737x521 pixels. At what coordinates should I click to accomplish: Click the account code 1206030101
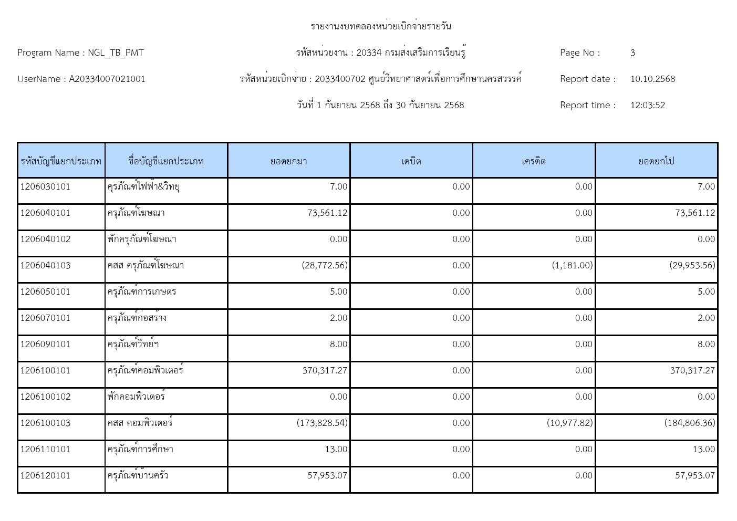point(45,186)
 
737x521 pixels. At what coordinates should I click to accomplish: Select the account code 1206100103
point(45,423)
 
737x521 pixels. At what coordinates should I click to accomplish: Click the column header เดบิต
point(411,161)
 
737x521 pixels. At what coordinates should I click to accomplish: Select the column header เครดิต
point(534,161)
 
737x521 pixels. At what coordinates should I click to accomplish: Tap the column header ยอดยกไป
point(656,161)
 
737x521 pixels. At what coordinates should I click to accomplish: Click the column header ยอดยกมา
point(288,161)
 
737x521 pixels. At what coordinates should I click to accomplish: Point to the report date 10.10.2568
point(652,79)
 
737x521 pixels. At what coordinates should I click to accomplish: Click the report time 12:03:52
point(647,105)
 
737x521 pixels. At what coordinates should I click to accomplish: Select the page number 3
point(632,53)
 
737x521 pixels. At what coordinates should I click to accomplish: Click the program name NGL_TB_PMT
point(116,53)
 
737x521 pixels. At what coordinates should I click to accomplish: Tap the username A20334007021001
point(107,79)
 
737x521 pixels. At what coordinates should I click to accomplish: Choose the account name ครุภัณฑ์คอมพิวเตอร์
point(146,370)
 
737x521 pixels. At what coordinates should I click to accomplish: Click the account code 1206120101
point(45,475)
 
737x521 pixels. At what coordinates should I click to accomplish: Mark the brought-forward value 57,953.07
point(327,475)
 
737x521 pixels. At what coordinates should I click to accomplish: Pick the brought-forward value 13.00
point(336,449)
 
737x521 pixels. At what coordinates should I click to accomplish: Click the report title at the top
point(381,26)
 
